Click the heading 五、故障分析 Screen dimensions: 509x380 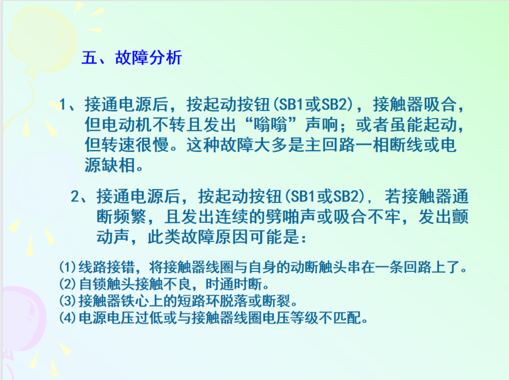click(132, 58)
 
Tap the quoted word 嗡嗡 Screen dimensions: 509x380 click(271, 124)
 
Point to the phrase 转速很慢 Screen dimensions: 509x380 click(135, 145)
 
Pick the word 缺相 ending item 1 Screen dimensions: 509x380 click(119, 165)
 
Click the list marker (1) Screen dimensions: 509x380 click(68, 267)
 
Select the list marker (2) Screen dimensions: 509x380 click(68, 284)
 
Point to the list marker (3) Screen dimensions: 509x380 click(68, 301)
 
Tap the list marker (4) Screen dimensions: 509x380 click(68, 318)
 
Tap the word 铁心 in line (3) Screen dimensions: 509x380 click(135, 301)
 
